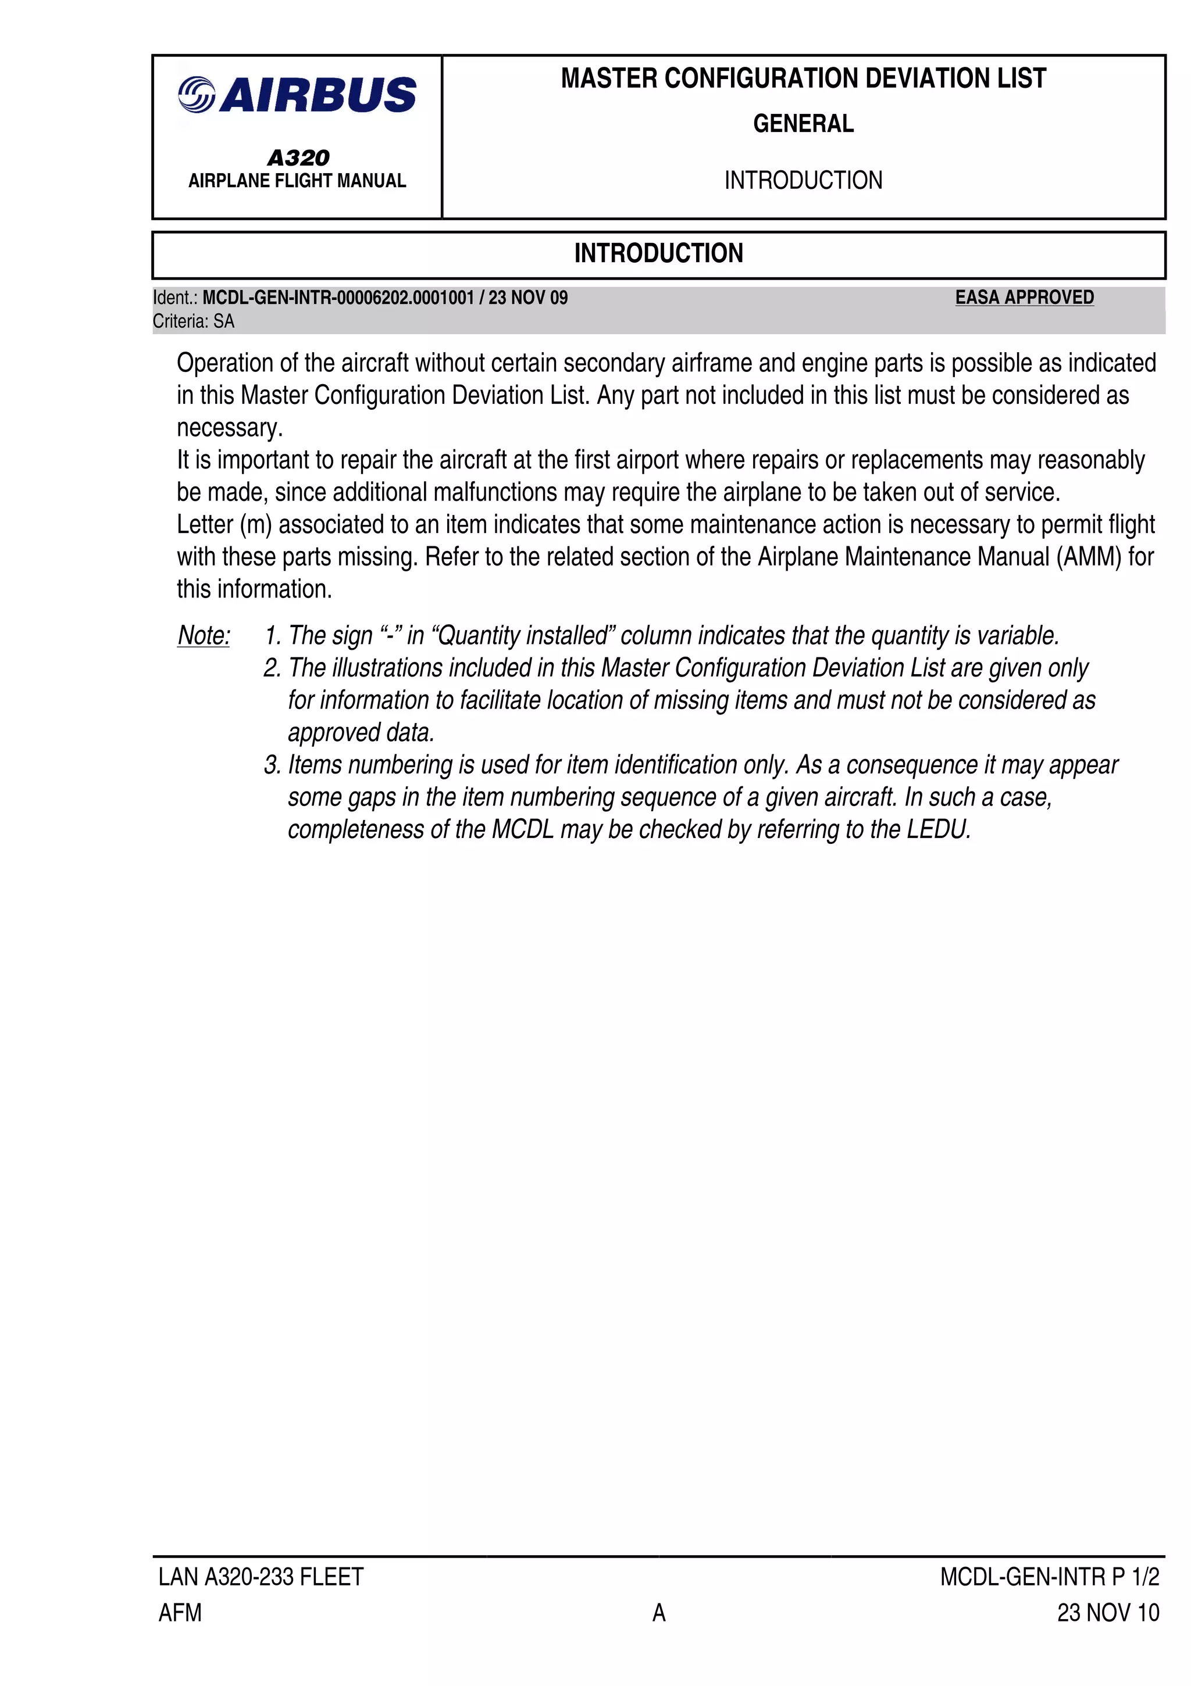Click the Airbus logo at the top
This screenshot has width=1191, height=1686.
297,95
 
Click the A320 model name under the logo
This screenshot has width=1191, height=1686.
298,157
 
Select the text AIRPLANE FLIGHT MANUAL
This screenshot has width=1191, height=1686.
297,181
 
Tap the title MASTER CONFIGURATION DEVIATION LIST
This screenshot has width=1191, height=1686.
803,78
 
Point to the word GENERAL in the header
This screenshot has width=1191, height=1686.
803,123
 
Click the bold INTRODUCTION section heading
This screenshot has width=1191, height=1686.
658,253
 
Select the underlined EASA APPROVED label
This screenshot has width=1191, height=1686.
1024,298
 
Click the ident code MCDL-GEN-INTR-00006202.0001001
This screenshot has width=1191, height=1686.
338,298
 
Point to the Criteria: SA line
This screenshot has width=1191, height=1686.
193,321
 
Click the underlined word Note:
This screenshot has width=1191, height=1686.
204,635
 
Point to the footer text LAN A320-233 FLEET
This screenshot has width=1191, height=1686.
261,1577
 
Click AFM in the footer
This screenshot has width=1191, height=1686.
180,1613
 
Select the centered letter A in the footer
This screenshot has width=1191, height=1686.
658,1613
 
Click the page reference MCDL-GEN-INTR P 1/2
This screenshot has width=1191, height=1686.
1049,1577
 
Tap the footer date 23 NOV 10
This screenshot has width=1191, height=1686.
1107,1613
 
